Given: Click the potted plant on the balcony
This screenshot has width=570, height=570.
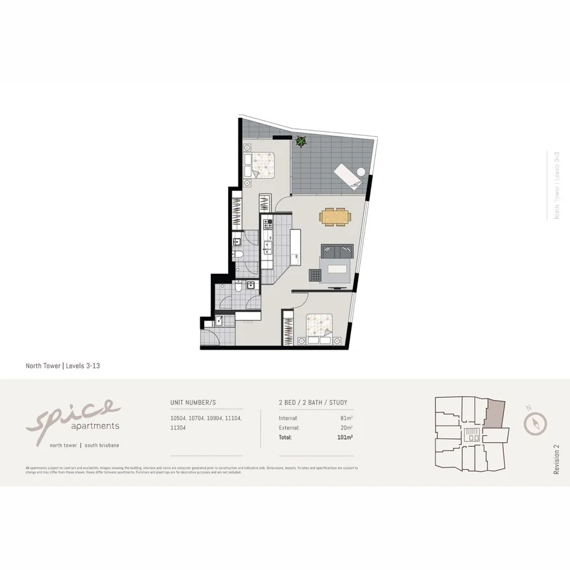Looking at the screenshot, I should click(x=301, y=142).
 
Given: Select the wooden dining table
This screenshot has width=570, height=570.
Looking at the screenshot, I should click(x=336, y=217).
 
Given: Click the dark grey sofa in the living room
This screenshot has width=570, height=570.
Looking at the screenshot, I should click(x=338, y=251).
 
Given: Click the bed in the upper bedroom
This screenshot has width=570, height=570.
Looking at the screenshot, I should click(x=262, y=163).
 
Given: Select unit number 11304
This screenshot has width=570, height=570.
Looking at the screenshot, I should click(x=178, y=428).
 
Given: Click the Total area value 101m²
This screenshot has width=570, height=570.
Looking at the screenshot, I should click(x=346, y=437).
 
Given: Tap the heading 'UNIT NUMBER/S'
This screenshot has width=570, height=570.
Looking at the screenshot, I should click(x=193, y=402).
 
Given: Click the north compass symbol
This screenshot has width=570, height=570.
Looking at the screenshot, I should click(x=535, y=423).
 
